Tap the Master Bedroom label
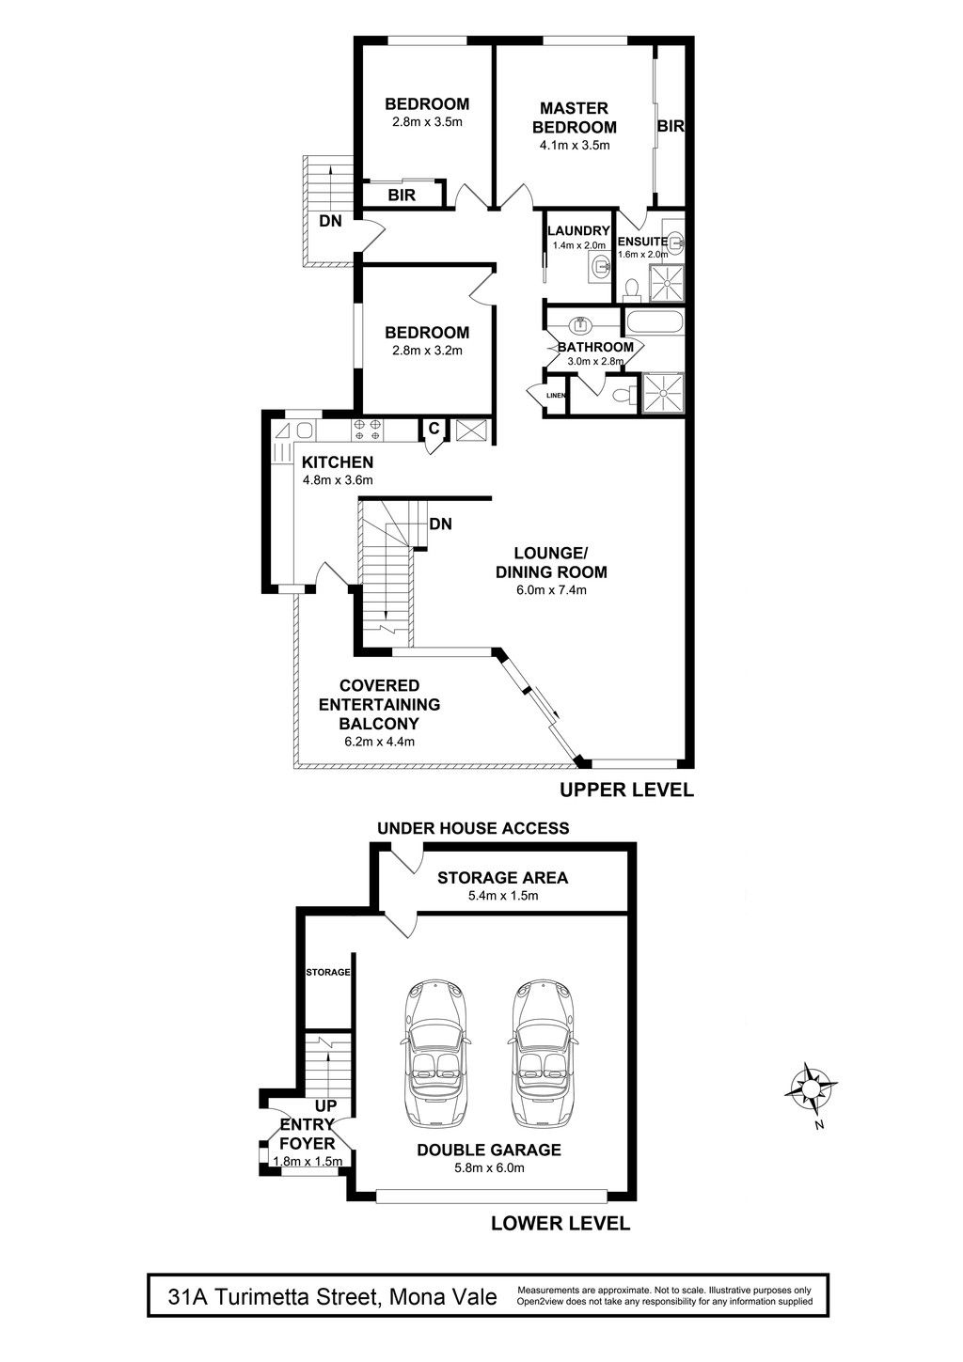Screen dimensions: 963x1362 point(575,117)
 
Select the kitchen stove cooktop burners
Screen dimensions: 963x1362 point(368,430)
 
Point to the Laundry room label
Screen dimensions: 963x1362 point(578,230)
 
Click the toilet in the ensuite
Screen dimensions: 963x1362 point(631,290)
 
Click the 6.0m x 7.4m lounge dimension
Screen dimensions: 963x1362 point(551,589)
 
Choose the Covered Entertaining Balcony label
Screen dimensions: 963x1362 point(379,704)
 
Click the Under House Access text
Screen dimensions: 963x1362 point(473,827)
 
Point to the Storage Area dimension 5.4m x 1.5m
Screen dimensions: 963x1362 point(503,895)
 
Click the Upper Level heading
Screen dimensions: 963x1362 point(626,790)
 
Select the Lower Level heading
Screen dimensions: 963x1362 point(560,1223)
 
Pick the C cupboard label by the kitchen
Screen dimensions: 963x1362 point(434,428)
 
